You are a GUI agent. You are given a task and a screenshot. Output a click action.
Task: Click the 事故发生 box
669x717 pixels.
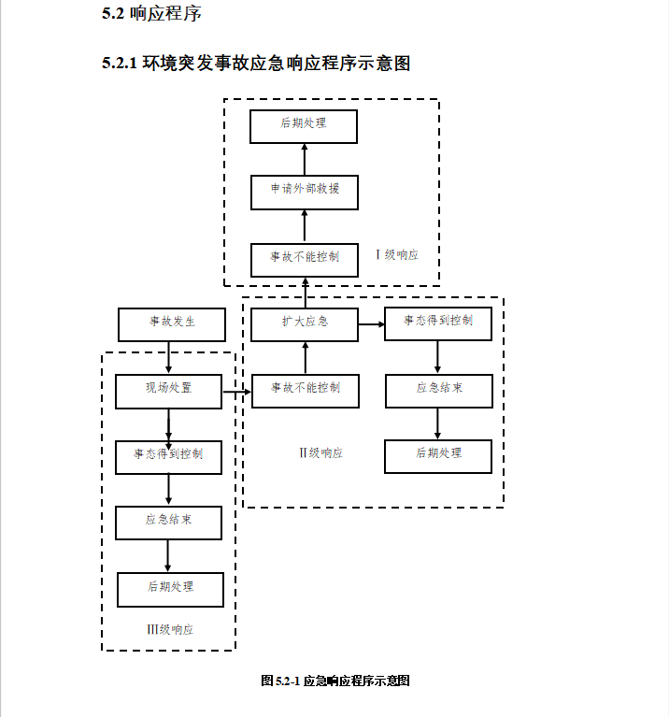172,323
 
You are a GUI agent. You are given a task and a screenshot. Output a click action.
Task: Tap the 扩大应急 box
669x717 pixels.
305,323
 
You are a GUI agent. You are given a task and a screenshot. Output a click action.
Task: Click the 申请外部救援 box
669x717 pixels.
305,192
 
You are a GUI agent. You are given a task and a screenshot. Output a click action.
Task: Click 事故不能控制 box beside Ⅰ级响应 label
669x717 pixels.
305,259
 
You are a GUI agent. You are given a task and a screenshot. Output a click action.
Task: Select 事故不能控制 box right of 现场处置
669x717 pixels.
305,390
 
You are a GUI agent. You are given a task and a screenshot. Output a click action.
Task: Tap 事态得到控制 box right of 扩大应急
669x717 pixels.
438,323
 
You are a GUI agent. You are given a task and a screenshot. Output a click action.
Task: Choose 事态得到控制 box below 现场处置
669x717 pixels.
168,456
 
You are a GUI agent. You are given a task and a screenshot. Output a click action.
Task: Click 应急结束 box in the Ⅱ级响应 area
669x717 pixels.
438,390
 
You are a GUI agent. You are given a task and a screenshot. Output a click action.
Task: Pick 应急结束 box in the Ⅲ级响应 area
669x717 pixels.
168,523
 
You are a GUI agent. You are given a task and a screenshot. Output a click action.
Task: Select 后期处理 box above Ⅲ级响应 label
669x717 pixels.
170,589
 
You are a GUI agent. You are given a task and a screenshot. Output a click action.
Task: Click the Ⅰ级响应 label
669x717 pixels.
396,254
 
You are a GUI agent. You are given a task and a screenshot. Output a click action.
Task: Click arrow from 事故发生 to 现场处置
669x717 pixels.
168,357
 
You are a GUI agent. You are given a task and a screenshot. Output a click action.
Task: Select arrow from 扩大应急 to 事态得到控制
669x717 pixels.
371,324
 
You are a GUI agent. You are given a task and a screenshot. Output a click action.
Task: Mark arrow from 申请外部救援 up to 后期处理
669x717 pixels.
305,159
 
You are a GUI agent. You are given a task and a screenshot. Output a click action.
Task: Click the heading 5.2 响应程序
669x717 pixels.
150,14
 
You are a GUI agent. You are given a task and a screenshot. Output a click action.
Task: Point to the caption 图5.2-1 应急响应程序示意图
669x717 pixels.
334,681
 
